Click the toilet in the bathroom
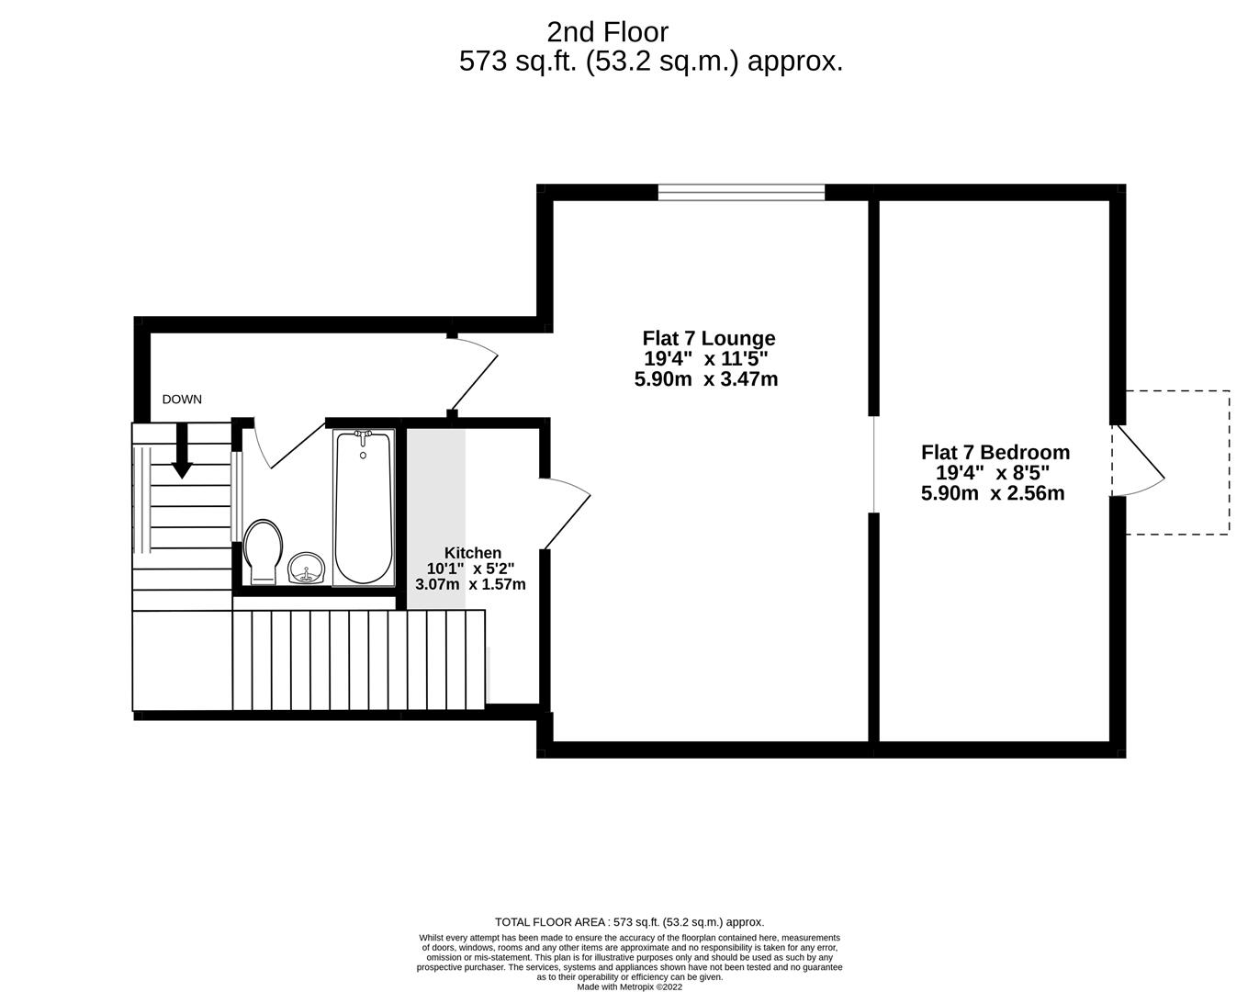pos(263,551)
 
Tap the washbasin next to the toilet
pos(307,568)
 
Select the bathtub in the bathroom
pos(363,507)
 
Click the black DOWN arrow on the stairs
pos(182,451)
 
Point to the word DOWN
pos(182,400)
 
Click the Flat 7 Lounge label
pos(708,338)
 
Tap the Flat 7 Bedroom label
pos(995,452)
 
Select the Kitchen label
pos(473,553)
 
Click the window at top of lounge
pos(741,191)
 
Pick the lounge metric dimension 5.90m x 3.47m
pos(706,378)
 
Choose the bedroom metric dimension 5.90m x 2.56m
pos(993,493)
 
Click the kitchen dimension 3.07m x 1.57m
pos(471,584)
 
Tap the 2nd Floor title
pos(608,32)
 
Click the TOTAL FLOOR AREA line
pos(629,922)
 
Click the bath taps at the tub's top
pos(363,434)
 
